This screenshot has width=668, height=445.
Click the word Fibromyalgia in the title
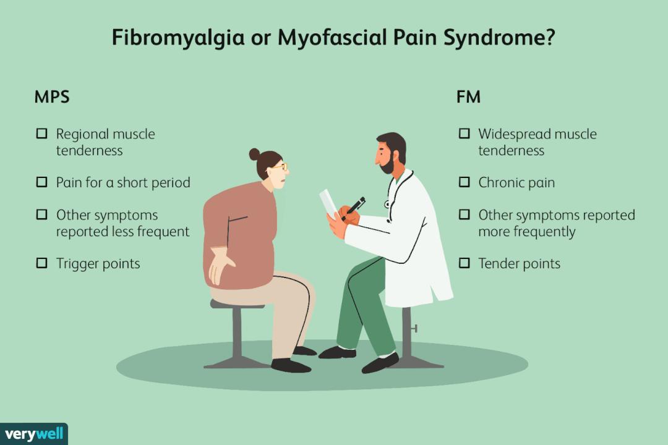coord(178,38)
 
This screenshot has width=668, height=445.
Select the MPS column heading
coord(52,97)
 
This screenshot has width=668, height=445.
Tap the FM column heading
coord(468,97)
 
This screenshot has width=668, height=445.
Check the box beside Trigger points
coord(42,263)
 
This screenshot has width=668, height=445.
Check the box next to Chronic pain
coord(464,182)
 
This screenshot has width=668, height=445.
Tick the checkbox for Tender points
coord(464,263)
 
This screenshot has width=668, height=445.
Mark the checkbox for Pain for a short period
coord(42,182)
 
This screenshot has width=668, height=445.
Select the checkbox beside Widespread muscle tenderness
coord(464,133)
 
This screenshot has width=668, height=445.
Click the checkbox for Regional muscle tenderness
coord(42,133)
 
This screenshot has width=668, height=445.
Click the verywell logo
coord(33,434)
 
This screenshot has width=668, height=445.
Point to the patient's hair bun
coord(254,154)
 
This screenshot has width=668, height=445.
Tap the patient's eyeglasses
coord(280,167)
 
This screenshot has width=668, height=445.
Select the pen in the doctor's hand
coord(353,208)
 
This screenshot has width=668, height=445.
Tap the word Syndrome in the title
coord(499,38)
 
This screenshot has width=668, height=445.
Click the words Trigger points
coord(98,264)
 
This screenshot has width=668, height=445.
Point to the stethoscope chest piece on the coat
coord(387,205)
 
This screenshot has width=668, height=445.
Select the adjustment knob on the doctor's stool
coord(414,328)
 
